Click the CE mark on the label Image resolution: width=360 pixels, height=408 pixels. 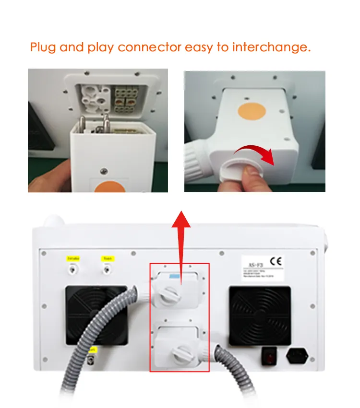(x=276, y=262)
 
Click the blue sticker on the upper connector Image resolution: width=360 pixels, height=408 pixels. (x=172, y=278)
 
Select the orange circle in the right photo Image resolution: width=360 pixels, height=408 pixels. (x=252, y=111)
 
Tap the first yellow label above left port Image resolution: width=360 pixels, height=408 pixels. (x=73, y=259)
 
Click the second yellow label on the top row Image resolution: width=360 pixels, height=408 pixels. (x=107, y=259)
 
